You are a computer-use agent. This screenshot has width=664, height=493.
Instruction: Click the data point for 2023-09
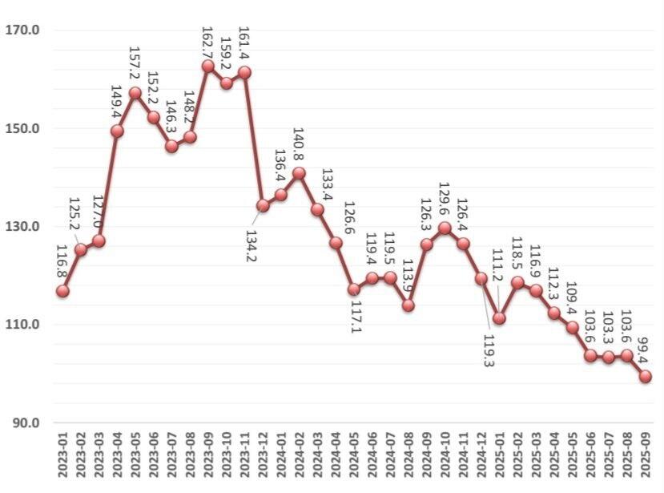208,67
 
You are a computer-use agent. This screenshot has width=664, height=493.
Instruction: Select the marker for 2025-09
645,377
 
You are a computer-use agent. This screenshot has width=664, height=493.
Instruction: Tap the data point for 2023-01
62,291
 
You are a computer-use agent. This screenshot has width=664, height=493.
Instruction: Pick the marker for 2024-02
299,173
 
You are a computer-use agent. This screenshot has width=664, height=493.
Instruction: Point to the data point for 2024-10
445,228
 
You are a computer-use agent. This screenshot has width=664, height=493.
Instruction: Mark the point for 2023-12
263,205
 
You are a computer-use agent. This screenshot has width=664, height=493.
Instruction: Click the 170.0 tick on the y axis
22,30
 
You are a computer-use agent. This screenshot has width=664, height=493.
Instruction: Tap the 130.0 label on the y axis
22,227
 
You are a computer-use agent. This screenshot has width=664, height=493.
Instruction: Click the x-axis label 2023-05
135,455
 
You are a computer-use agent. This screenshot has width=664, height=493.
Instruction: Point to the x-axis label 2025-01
499,455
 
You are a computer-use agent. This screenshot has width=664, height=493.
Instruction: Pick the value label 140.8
299,144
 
